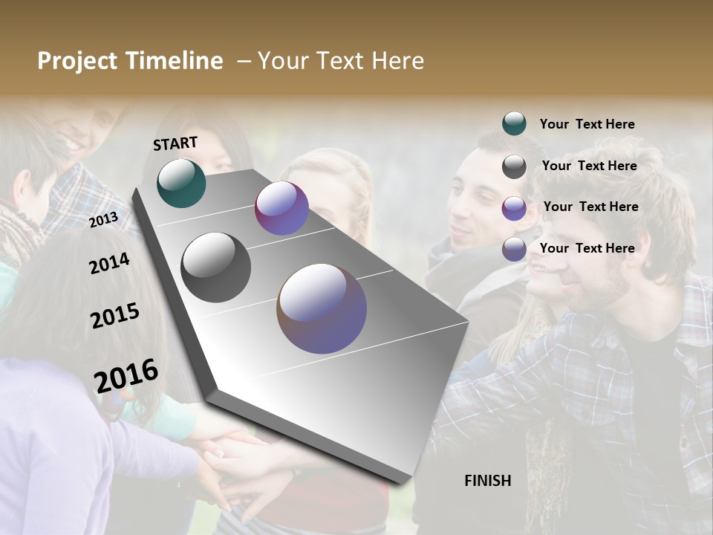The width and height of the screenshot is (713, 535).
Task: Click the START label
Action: point(175,143)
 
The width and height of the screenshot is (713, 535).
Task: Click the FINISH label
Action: point(487,481)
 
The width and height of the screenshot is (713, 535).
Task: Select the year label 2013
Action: point(103,219)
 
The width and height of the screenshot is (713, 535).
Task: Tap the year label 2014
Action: point(109,263)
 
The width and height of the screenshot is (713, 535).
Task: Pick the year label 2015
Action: point(114,316)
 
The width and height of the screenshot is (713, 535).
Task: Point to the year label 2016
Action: point(126,375)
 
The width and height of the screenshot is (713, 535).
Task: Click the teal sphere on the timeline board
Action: point(181,183)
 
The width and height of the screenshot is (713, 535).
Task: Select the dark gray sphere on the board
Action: point(215,267)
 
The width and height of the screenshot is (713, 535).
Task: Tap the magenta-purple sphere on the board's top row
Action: point(281,208)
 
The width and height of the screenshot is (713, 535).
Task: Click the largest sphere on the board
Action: point(322,308)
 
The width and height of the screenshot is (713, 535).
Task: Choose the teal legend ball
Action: point(514,123)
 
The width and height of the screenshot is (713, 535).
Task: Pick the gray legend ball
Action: point(514,166)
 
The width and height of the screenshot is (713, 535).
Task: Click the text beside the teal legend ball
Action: point(587,124)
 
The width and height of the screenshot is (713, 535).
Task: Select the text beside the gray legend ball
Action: point(589,166)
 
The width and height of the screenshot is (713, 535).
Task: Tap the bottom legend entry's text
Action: point(587,248)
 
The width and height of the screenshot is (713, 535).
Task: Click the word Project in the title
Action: point(78,61)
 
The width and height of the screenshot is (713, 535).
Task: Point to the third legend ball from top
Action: point(514,208)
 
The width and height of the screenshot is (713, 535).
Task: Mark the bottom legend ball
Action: point(514,249)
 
